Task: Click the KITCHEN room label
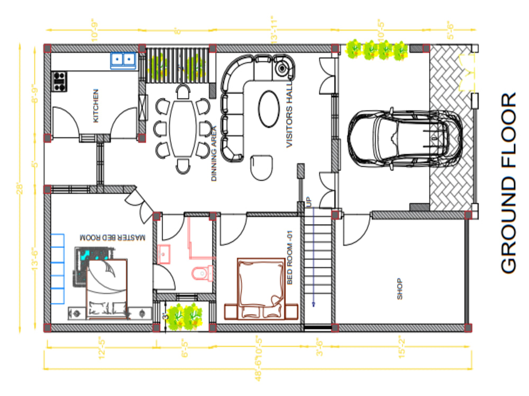[x=96, y=106]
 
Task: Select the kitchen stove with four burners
[x=59, y=80]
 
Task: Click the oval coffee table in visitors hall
[x=268, y=109]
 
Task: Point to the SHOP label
[x=399, y=289]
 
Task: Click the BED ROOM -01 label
[x=289, y=258]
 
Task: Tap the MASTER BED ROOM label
[x=112, y=238]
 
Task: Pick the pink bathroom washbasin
[x=164, y=254]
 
